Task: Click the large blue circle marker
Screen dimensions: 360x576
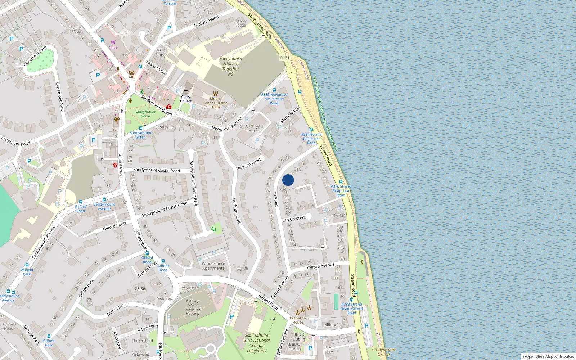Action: click(288, 180)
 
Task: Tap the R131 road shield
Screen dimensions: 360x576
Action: click(285, 58)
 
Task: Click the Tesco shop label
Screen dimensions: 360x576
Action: click(113, 48)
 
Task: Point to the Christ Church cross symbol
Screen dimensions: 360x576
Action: click(186, 91)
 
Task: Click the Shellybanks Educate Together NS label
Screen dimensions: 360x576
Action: click(230, 66)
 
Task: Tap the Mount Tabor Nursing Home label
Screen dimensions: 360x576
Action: click(215, 103)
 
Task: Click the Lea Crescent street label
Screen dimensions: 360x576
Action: click(294, 219)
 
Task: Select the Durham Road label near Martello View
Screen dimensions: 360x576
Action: click(248, 164)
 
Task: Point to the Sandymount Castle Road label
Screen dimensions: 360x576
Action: click(157, 170)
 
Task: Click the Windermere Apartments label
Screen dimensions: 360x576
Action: click(213, 266)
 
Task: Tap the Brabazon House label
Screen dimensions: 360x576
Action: click(298, 320)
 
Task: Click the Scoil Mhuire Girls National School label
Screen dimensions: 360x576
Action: click(256, 343)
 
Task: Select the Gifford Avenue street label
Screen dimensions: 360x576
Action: click(321, 266)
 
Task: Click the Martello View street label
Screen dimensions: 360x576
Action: click(291, 115)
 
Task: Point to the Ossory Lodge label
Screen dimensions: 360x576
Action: click(241, 23)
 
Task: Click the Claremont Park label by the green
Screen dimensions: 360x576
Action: click(35, 56)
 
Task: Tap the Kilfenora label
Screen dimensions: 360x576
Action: click(333, 325)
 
